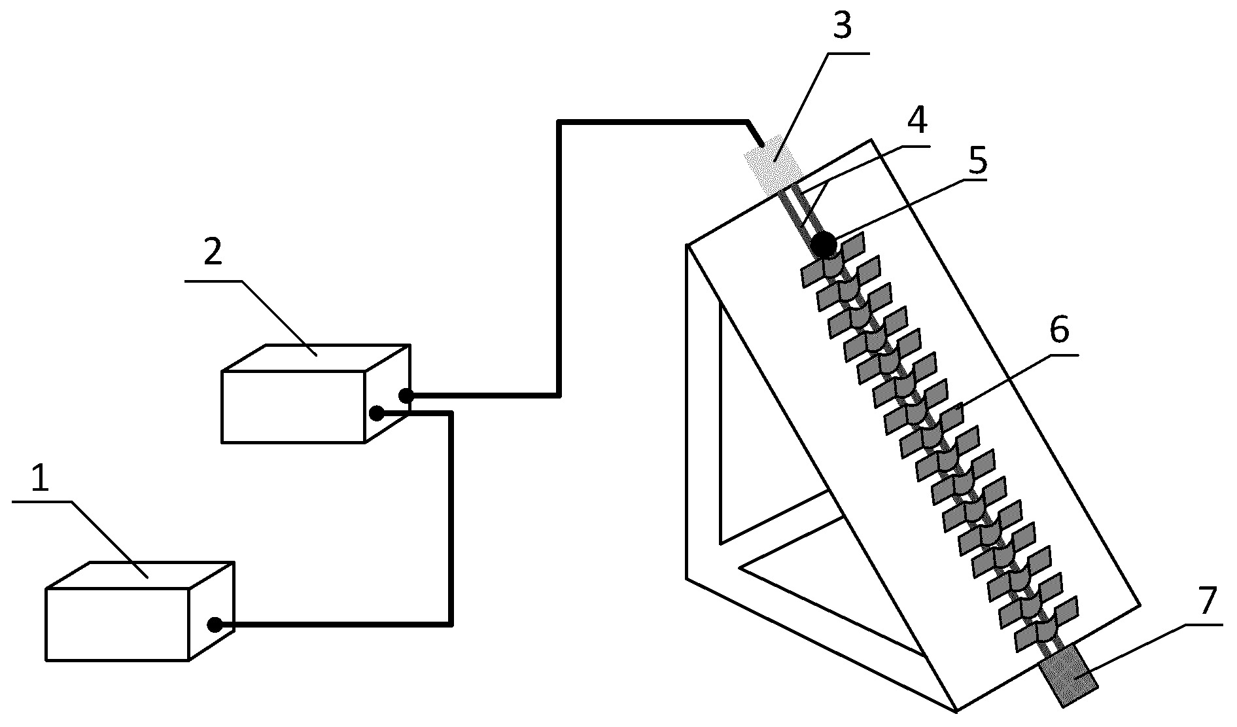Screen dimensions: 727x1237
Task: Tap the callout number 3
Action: click(x=841, y=27)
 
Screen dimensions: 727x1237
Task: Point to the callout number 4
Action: click(x=917, y=120)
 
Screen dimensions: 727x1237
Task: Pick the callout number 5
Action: click(x=977, y=161)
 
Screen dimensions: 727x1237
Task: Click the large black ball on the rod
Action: click(x=824, y=245)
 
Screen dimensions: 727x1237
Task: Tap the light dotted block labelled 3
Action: click(x=773, y=164)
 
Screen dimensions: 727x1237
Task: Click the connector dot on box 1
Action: click(x=215, y=625)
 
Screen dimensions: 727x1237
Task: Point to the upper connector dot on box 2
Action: click(x=406, y=395)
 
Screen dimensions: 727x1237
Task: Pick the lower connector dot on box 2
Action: click(x=377, y=413)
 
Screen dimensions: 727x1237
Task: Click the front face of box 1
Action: click(x=118, y=624)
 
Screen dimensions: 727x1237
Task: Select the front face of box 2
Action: click(x=293, y=407)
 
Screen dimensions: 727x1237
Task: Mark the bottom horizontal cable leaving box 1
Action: click(x=334, y=625)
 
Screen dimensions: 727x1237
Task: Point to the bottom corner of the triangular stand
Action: click(x=956, y=711)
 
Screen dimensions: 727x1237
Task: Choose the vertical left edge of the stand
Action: click(x=688, y=412)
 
